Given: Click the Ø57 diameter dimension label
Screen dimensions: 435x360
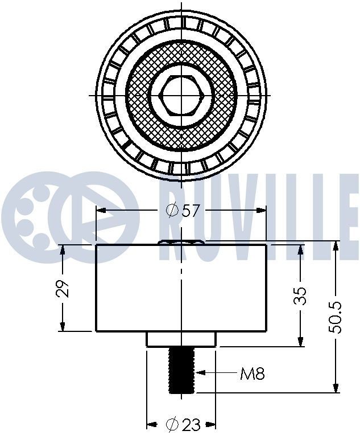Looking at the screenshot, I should click(183, 210).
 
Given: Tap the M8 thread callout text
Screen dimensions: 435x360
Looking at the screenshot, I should click(252, 374).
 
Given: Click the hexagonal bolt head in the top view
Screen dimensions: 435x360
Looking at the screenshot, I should click(182, 95).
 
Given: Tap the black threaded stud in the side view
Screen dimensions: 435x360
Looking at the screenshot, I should click(182, 370).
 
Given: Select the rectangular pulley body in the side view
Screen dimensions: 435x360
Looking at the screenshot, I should click(181, 288).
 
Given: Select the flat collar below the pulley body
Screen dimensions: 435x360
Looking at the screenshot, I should click(181, 339).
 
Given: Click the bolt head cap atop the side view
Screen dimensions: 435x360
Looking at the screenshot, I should click(181, 242).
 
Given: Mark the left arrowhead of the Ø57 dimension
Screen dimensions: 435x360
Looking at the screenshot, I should click(100, 210).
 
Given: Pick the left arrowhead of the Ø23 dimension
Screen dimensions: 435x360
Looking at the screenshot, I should click(151, 424).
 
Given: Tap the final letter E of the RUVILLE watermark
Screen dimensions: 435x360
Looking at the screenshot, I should click(346, 217).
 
